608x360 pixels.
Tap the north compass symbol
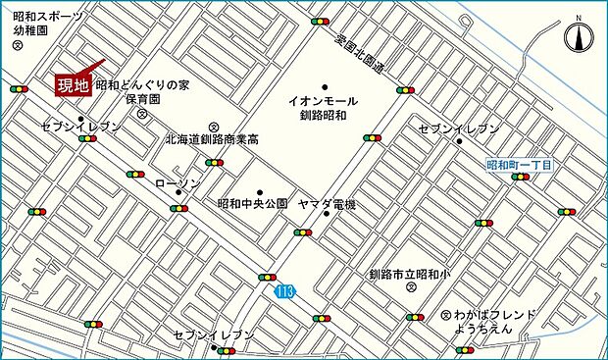click(x=579, y=38)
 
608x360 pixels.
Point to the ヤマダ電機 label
click(x=327, y=204)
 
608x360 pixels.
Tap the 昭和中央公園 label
click(x=252, y=204)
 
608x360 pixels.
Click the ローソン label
click(x=177, y=183)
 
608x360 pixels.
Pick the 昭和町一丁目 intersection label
click(x=520, y=165)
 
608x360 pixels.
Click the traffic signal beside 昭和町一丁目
click(x=521, y=178)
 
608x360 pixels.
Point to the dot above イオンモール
click(x=325, y=85)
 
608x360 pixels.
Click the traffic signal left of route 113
click(x=267, y=278)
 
